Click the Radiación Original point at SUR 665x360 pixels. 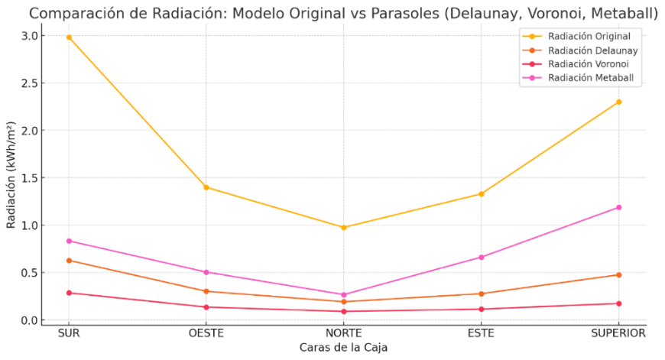click(69, 37)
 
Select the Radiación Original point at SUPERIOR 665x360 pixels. click(618, 102)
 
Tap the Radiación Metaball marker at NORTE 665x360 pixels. click(344, 294)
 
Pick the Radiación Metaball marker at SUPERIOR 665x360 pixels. click(618, 207)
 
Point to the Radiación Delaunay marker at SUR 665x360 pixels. click(69, 261)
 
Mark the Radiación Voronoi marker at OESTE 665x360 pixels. click(206, 307)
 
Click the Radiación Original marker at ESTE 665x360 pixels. click(482, 193)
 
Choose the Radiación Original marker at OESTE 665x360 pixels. click(206, 187)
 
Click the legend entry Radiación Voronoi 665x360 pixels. click(589, 64)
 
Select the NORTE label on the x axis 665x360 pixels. click(344, 334)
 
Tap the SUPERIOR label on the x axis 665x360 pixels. click(618, 334)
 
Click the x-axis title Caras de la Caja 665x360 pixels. click(343, 348)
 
